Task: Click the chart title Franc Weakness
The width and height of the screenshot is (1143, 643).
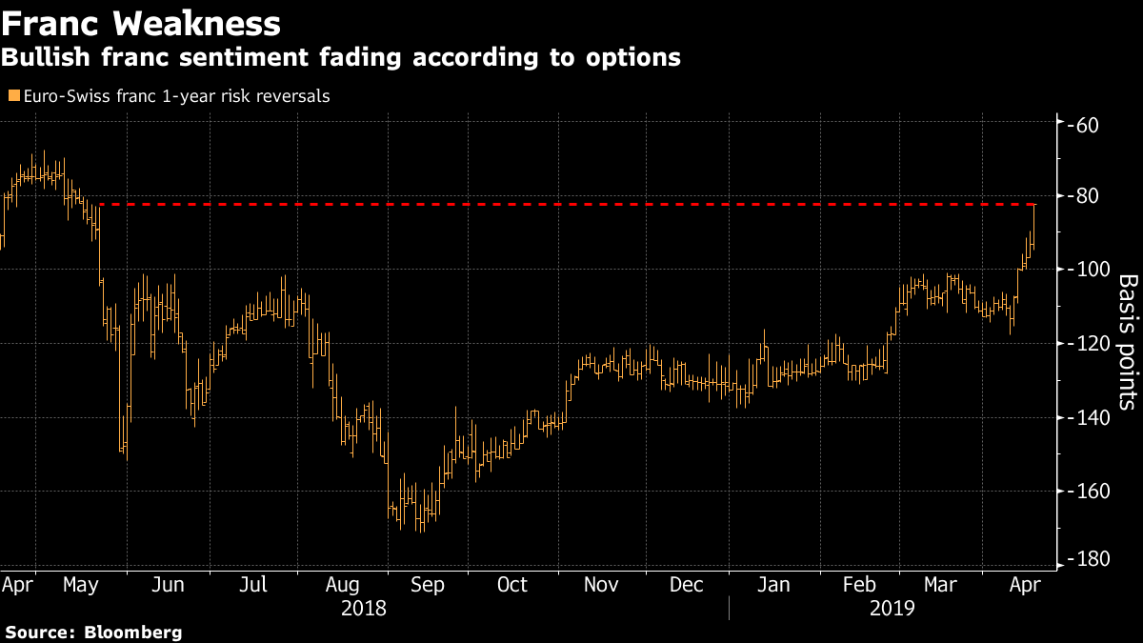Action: pos(141,23)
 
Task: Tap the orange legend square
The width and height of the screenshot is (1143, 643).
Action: pos(13,96)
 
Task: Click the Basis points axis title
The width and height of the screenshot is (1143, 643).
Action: pos(1127,343)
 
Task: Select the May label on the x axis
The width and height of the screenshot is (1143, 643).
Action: pos(82,584)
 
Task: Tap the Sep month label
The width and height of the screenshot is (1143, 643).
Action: pos(427,584)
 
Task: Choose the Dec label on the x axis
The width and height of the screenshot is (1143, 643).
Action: pos(687,584)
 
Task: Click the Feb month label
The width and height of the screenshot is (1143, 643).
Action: pos(859,584)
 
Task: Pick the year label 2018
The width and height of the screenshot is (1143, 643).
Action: pos(365,608)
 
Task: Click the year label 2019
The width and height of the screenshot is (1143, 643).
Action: pos(892,608)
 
